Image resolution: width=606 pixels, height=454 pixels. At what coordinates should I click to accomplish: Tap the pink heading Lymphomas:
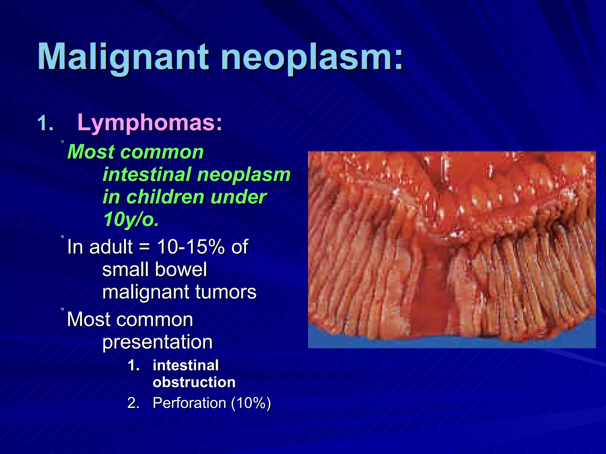[x=150, y=122]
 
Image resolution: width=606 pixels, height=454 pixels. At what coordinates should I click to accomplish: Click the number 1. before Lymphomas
[x=46, y=124]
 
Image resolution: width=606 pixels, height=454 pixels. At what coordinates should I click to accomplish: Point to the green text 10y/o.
[x=131, y=219]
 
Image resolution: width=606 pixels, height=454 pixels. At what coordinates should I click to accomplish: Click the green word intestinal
[x=146, y=174]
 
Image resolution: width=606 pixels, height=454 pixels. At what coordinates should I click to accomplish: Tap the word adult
[x=111, y=247]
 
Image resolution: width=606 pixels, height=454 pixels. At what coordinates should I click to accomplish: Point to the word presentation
[x=157, y=342]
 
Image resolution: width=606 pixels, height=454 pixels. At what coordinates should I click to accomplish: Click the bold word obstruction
[x=194, y=382]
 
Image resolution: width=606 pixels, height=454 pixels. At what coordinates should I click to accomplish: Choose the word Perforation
[x=189, y=403]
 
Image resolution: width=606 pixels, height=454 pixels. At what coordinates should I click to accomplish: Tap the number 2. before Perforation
[x=133, y=403]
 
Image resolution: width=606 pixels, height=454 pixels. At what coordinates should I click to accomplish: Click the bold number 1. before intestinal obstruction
[x=134, y=366]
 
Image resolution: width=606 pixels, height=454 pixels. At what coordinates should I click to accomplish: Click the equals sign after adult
[x=144, y=247]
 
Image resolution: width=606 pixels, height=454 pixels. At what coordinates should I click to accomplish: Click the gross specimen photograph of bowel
[x=452, y=249]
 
